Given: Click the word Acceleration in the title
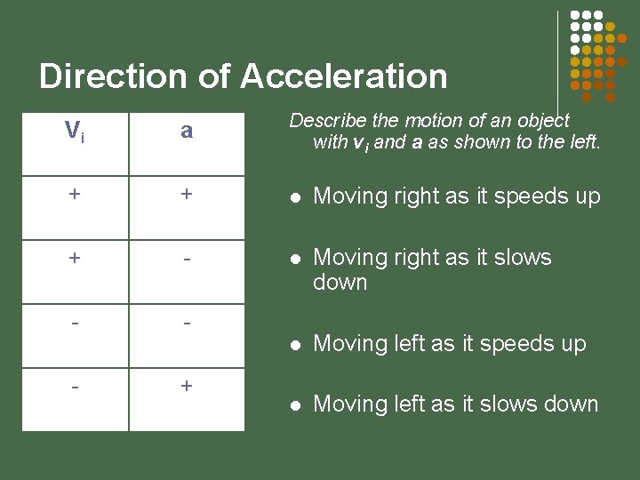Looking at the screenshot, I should pos(343,76).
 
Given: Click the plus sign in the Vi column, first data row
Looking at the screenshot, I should pos(76,195).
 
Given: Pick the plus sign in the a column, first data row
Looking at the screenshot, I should pos(187,195).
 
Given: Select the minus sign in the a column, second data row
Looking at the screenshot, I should pos(187,258).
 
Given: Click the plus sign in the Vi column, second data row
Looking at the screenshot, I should pos(76,258).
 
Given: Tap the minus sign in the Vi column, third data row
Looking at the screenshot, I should pos(76,321).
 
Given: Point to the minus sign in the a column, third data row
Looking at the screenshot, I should pos(187,321).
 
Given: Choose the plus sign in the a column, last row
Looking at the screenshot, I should pos(187,386).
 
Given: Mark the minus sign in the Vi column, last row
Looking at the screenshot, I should pos(76,386).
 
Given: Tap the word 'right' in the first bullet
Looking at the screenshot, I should pos(407,196).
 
